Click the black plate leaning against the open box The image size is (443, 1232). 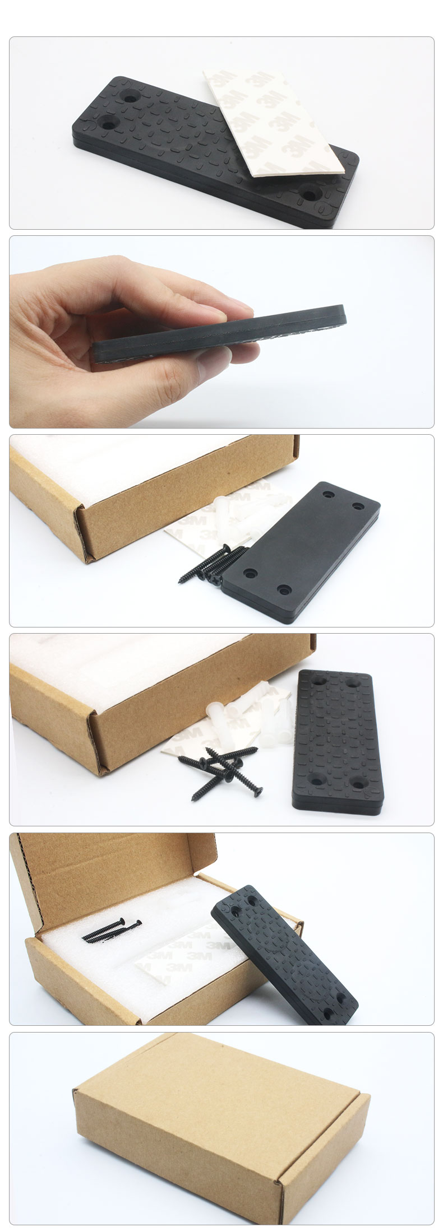283,950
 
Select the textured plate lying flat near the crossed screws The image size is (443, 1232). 336,740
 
